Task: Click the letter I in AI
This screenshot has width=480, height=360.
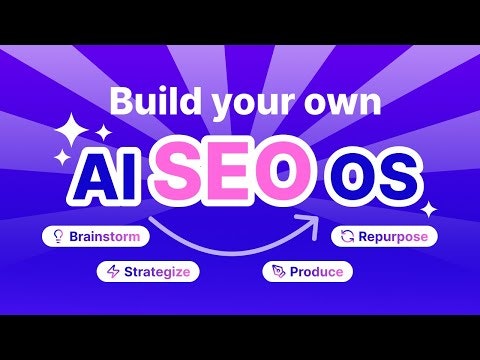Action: point(139,177)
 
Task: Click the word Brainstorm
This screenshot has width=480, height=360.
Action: point(104,237)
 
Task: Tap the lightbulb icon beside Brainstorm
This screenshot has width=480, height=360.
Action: point(58,237)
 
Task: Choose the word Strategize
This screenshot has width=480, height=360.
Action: point(156,270)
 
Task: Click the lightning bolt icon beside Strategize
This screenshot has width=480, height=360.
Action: point(113,270)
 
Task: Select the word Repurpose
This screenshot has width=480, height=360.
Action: point(389,237)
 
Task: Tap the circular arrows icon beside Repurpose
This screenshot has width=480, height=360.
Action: point(346,237)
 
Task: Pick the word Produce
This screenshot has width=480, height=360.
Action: point(317,271)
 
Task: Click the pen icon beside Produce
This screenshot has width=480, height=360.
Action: point(279,271)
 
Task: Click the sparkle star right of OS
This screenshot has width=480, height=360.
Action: point(428,209)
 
